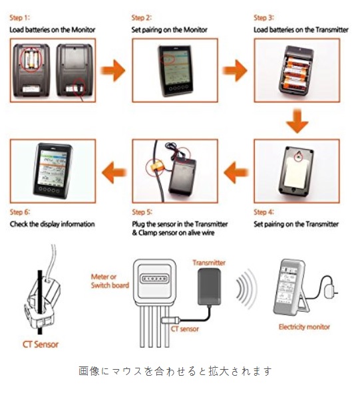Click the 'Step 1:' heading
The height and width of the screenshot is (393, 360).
pos(19,18)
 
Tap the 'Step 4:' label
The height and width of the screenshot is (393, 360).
pos(264,212)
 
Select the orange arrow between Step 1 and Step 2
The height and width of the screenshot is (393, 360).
pos(113,70)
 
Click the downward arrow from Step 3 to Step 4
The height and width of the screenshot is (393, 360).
pos(297,121)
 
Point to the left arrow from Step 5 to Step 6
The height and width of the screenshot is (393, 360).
pos(114,172)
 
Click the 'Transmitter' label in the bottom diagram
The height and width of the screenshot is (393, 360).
pos(209,263)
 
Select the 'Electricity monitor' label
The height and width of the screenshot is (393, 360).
pos(304,327)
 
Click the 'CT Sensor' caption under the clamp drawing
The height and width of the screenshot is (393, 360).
pos(41,344)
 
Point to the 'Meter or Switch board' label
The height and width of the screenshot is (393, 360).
pos(110,281)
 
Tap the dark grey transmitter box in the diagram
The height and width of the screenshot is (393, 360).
pos(209,287)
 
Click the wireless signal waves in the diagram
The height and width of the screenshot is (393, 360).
pos(246,289)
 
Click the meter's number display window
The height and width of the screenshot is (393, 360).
pos(154,278)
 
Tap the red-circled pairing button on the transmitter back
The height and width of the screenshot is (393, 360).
pos(298,157)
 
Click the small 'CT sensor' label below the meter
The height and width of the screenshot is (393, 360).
pos(184,329)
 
